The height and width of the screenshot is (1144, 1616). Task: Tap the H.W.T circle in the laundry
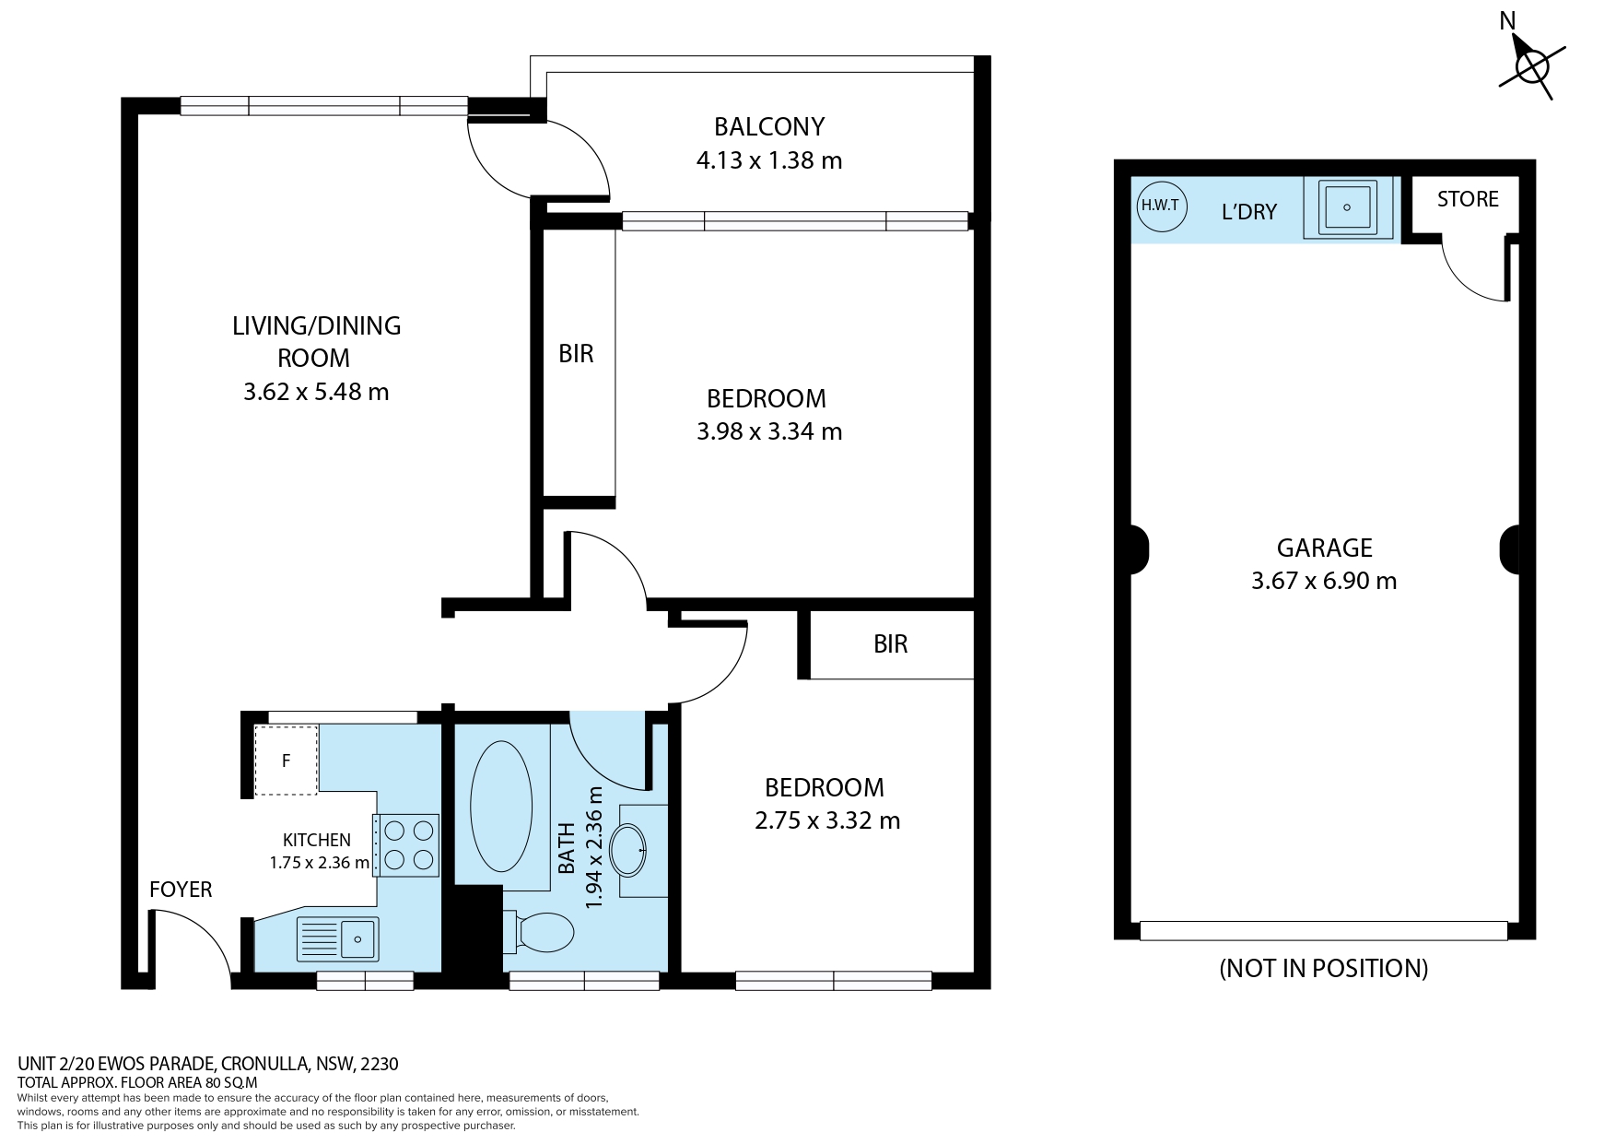[x=1160, y=206]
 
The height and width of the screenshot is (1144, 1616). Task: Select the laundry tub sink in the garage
[x=1347, y=208]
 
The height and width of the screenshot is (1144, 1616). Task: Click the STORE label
[x=1468, y=199]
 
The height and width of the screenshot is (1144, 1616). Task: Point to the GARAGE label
[x=1324, y=548]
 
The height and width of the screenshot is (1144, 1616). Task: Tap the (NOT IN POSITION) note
[x=1324, y=968]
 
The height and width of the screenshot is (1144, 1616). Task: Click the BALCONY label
[x=769, y=126]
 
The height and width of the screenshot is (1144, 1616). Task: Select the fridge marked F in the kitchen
[x=287, y=761]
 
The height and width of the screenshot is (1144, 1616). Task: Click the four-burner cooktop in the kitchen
[x=406, y=845]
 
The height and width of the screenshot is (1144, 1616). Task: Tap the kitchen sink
[x=336, y=939]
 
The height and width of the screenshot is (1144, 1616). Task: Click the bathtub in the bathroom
[x=501, y=803]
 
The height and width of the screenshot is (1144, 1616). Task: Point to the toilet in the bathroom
[x=538, y=932]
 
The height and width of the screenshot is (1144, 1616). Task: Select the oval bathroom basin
[x=630, y=849]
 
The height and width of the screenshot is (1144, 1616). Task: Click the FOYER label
[x=181, y=890]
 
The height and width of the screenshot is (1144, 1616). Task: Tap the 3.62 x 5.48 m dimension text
[x=316, y=392]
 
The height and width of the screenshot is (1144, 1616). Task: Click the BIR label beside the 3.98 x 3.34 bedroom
[x=577, y=354]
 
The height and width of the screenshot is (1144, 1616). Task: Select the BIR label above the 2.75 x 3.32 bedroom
[x=891, y=643]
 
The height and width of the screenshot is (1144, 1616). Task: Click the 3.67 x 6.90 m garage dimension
[x=1324, y=581]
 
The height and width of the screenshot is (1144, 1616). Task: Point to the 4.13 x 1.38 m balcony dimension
[x=769, y=160]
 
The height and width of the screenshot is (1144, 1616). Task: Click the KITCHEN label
[x=316, y=840]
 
